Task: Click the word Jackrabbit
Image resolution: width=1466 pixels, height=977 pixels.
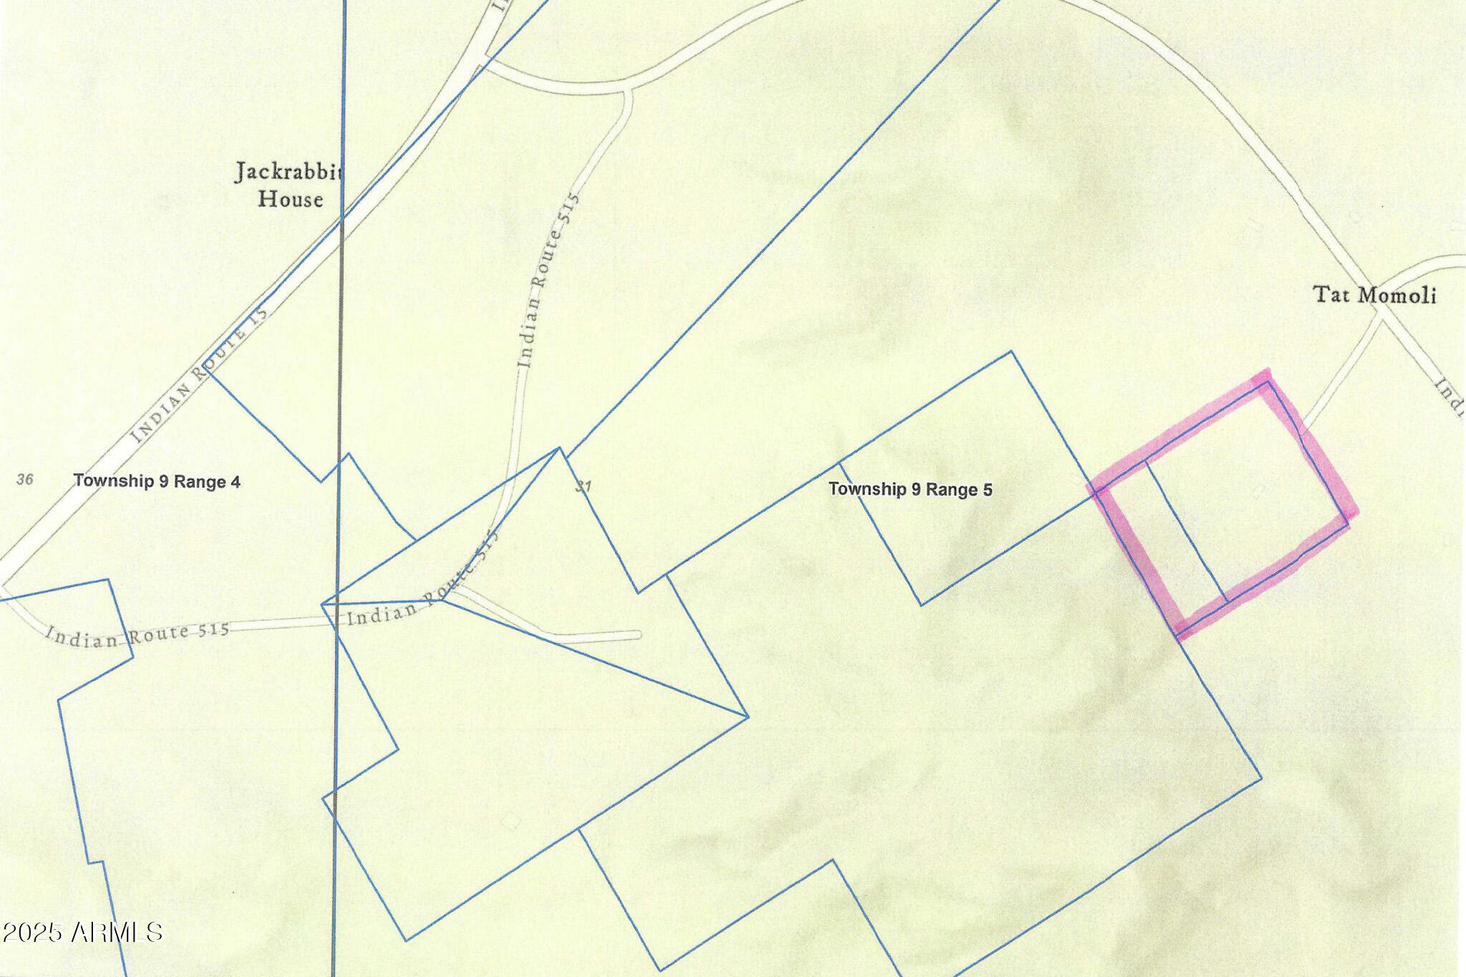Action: [289, 172]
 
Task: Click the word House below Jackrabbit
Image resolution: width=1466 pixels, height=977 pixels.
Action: [290, 199]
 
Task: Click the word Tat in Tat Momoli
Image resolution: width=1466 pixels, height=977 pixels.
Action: [1331, 294]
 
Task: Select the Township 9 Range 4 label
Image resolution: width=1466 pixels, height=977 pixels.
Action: [157, 481]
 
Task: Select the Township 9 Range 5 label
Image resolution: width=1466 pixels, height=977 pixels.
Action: [910, 490]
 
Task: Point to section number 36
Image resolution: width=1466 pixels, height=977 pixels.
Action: [25, 479]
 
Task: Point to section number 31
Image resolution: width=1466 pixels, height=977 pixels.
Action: [583, 487]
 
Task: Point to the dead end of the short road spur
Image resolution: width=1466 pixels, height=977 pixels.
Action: [638, 635]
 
